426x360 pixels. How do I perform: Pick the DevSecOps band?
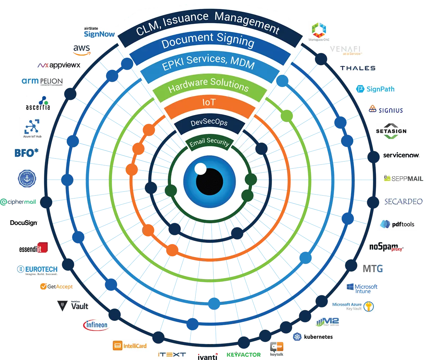(x=209, y=123)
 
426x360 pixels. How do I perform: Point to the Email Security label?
(x=209, y=142)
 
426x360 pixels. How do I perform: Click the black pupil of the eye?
(x=209, y=182)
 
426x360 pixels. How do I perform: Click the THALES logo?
(x=357, y=68)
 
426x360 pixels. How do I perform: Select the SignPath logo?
(x=375, y=89)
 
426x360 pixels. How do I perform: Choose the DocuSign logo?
(x=24, y=223)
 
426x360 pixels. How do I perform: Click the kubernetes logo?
(x=314, y=336)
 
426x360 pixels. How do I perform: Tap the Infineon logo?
(x=97, y=325)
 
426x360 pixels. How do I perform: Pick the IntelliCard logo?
(x=130, y=345)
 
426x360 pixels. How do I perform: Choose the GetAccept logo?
(x=57, y=286)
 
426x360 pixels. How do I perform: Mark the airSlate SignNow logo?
(x=99, y=33)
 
